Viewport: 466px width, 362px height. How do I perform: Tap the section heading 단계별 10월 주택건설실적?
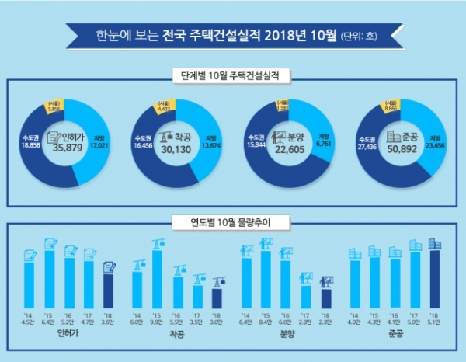(x=234, y=76)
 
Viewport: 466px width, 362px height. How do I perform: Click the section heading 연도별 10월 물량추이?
(x=234, y=222)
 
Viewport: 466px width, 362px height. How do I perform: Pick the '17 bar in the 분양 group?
(x=305, y=297)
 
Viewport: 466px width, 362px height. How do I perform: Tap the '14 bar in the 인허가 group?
(x=30, y=285)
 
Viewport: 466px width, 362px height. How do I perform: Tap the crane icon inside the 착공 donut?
(x=166, y=137)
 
